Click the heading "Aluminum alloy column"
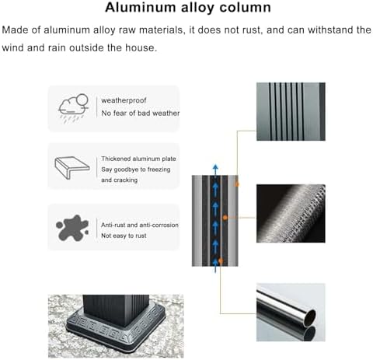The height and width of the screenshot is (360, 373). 188,8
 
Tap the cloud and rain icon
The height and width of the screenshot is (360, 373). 73,108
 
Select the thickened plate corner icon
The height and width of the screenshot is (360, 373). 72,168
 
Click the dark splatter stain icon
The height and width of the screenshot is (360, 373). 72,228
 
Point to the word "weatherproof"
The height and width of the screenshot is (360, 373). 124,100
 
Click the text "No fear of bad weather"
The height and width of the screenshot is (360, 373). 141,114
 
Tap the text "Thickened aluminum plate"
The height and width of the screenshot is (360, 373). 138,159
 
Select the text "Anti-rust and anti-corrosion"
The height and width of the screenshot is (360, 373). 140,225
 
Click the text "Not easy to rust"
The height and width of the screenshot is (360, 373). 124,236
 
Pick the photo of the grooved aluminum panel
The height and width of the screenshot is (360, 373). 291,112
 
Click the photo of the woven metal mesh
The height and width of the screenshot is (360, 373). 291,214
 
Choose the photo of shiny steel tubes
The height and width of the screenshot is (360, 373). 291,313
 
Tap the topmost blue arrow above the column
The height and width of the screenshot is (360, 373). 215,170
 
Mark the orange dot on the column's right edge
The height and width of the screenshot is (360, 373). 236,184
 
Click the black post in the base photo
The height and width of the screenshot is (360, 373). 116,309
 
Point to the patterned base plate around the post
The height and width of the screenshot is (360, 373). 116,327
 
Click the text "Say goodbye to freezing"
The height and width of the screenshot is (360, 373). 136,170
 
